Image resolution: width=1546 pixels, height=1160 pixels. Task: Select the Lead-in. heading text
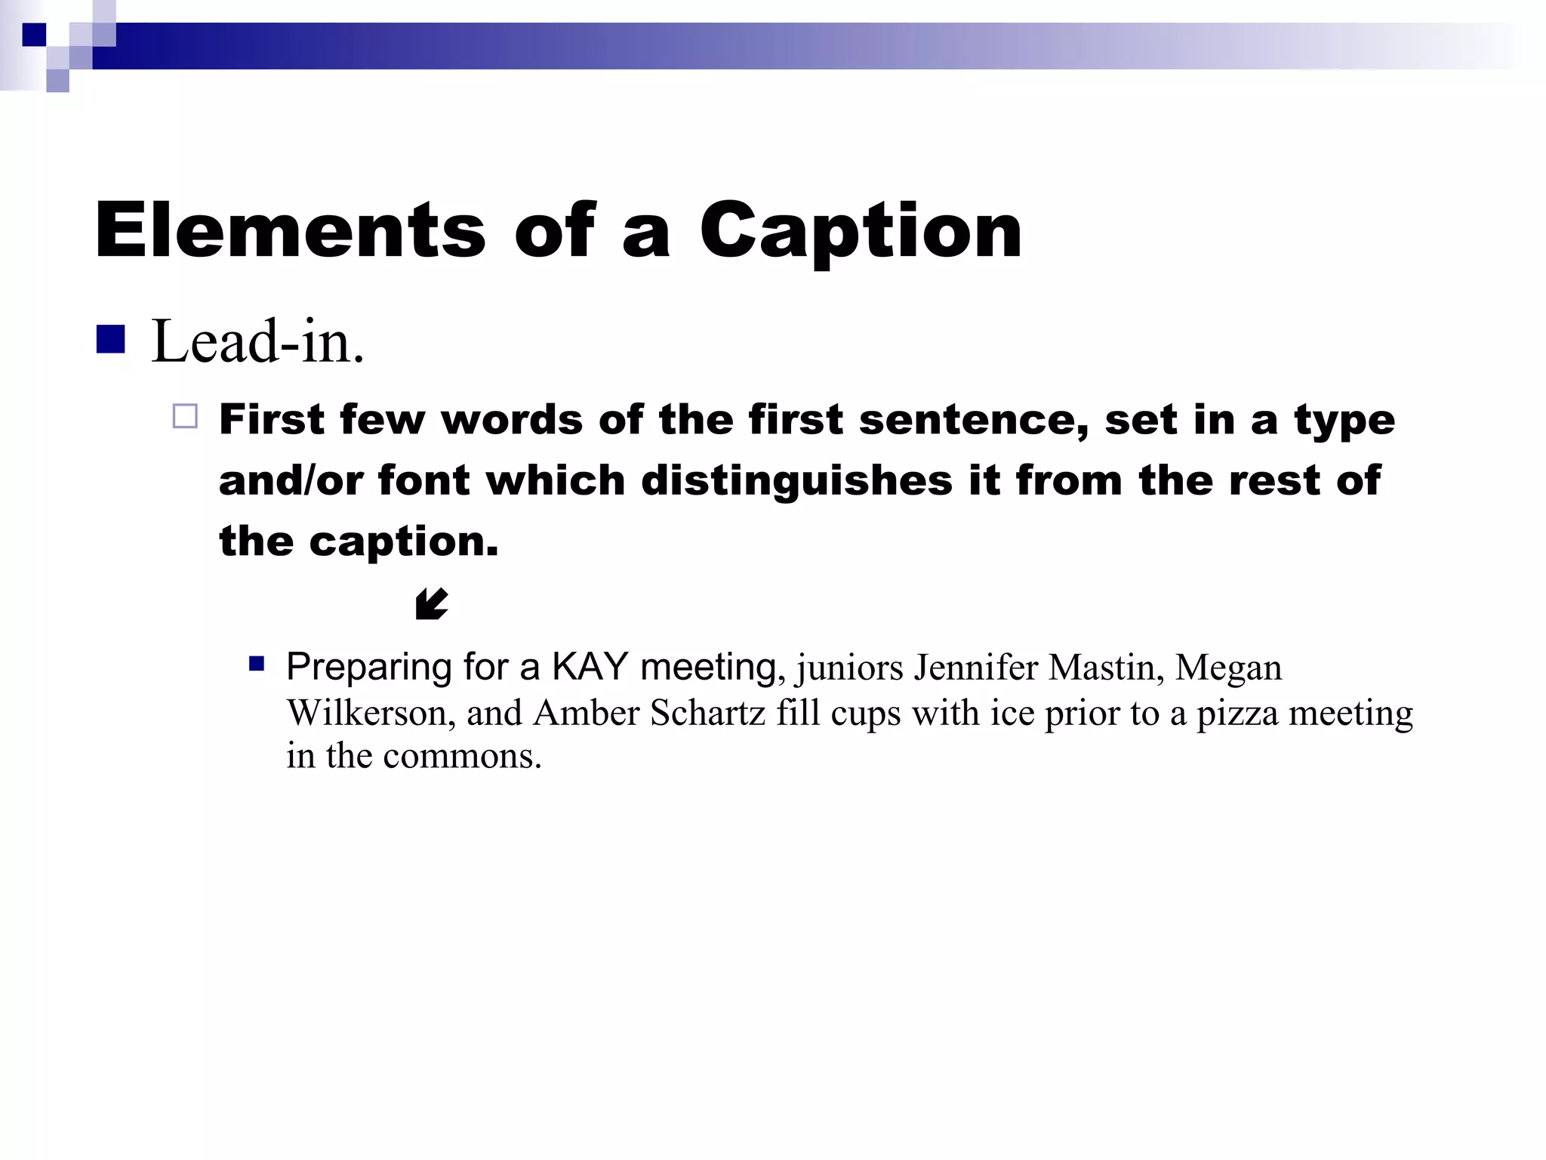point(257,342)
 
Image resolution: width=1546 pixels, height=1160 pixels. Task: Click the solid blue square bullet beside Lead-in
point(110,340)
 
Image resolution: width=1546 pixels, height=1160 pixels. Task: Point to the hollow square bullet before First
point(185,417)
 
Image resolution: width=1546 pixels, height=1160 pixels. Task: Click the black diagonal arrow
point(432,604)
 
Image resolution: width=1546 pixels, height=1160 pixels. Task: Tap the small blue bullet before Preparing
point(257,665)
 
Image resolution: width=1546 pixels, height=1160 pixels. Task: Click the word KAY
point(590,667)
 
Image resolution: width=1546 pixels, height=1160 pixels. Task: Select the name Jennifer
point(975,668)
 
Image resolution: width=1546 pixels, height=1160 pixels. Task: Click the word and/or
point(290,480)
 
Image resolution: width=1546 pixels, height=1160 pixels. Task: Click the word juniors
point(849,668)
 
